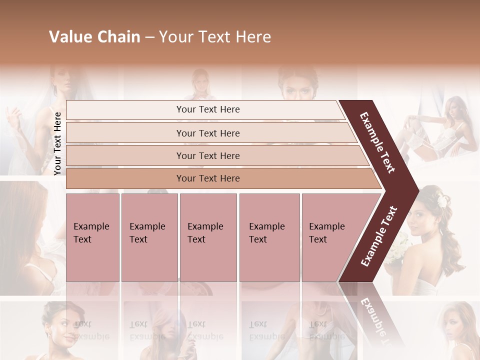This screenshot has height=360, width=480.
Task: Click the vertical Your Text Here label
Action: pyautogui.click(x=57, y=143)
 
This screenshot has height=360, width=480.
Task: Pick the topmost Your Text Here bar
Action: pyautogui.click(x=208, y=109)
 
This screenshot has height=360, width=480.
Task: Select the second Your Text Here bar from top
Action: pyautogui.click(x=208, y=133)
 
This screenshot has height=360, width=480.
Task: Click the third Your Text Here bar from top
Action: pyautogui.click(x=208, y=155)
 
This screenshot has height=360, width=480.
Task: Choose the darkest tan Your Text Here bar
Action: pyautogui.click(x=208, y=178)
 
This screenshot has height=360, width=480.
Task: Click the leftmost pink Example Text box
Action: pyautogui.click(x=92, y=237)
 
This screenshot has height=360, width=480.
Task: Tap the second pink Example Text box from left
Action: pyautogui.click(x=149, y=237)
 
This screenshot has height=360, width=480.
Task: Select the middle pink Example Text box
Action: pyautogui.click(x=208, y=237)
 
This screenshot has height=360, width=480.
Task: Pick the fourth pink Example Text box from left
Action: pyautogui.click(x=269, y=237)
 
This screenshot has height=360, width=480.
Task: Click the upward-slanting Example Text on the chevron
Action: pyautogui.click(x=379, y=236)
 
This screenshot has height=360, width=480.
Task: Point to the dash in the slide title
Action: pyautogui.click(x=149, y=37)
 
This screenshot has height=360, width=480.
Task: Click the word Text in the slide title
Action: pyautogui.click(x=212, y=37)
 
